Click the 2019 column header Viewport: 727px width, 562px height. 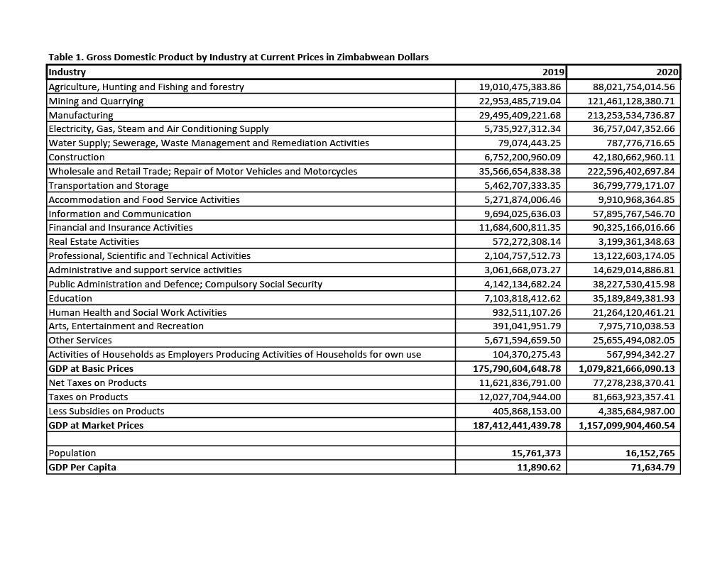click(553, 72)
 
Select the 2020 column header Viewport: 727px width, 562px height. click(667, 72)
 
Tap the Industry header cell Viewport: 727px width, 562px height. click(67, 72)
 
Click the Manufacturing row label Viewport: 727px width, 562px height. click(81, 115)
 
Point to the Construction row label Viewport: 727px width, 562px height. click(77, 157)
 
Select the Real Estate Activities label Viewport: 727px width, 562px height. click(94, 242)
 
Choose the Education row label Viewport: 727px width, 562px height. click(70, 298)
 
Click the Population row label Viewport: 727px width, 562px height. click(72, 453)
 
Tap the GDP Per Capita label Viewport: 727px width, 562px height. click(82, 468)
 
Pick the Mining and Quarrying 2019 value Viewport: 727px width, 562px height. click(520, 101)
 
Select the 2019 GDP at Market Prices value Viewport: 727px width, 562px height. click(517, 426)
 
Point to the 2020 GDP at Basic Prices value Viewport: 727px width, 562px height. click(629, 369)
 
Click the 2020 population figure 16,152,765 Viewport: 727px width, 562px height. click(647, 453)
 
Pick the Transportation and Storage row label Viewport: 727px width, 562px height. click(109, 185)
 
